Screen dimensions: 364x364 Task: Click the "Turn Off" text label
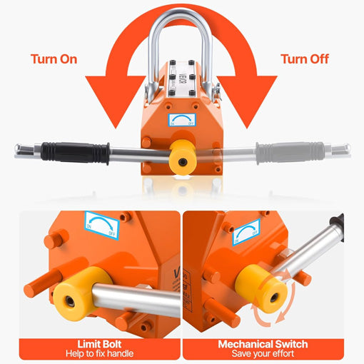[x=305, y=59]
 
